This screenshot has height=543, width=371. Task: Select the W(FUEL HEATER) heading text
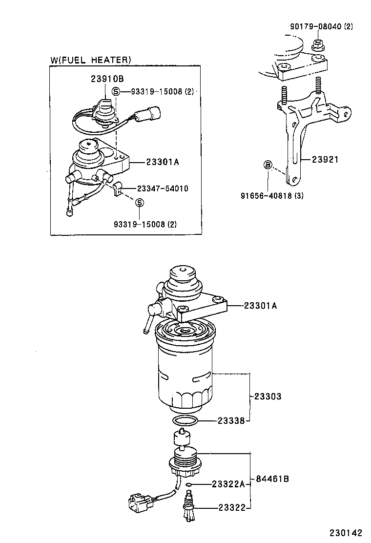[91, 60]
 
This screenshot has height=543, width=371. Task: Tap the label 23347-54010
[163, 188]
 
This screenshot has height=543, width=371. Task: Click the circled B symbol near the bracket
[268, 165]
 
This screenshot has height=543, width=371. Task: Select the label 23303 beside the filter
[268, 397]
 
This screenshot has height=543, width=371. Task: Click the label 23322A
[228, 484]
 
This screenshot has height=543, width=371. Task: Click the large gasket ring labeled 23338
[185, 420]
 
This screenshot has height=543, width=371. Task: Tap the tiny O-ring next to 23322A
[189, 485]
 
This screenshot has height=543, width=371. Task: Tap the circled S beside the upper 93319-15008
[116, 91]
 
